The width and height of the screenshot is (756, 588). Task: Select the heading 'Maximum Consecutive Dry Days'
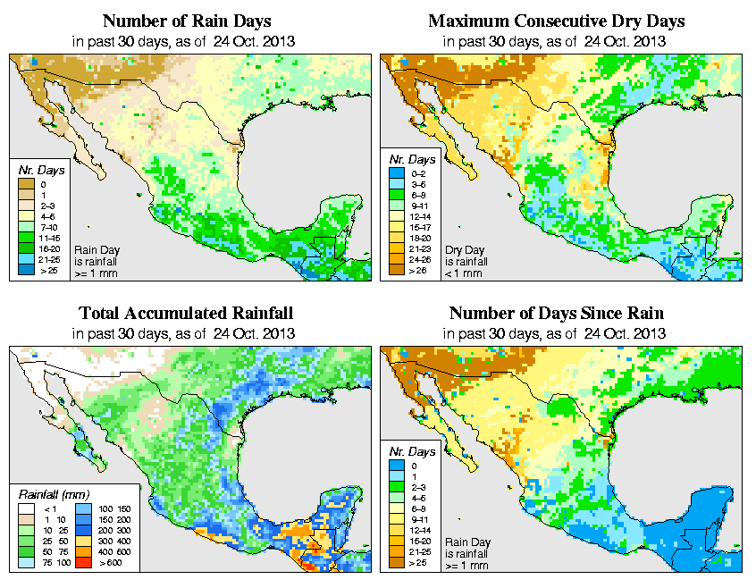556,21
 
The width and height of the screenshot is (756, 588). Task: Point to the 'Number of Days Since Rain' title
556,314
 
